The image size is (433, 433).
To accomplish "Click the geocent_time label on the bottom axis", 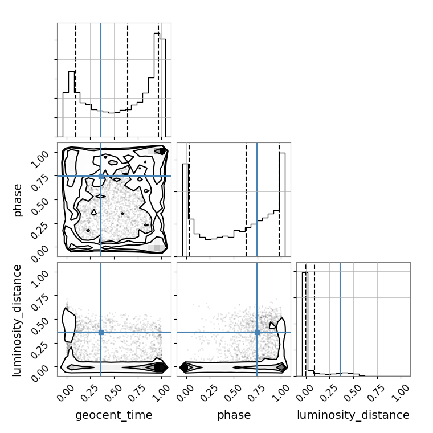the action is (114, 415).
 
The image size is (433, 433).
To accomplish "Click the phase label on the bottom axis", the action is (234, 415).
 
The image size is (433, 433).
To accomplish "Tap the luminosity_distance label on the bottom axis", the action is (353, 415).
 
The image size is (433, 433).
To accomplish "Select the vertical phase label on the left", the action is (17, 201).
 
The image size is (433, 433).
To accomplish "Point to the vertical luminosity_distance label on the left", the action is (17, 320).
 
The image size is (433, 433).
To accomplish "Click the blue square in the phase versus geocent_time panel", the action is (101, 176).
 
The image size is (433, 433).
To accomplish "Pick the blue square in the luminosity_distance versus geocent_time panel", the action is (101, 332).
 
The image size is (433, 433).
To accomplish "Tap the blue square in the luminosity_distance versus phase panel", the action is (257, 332).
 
